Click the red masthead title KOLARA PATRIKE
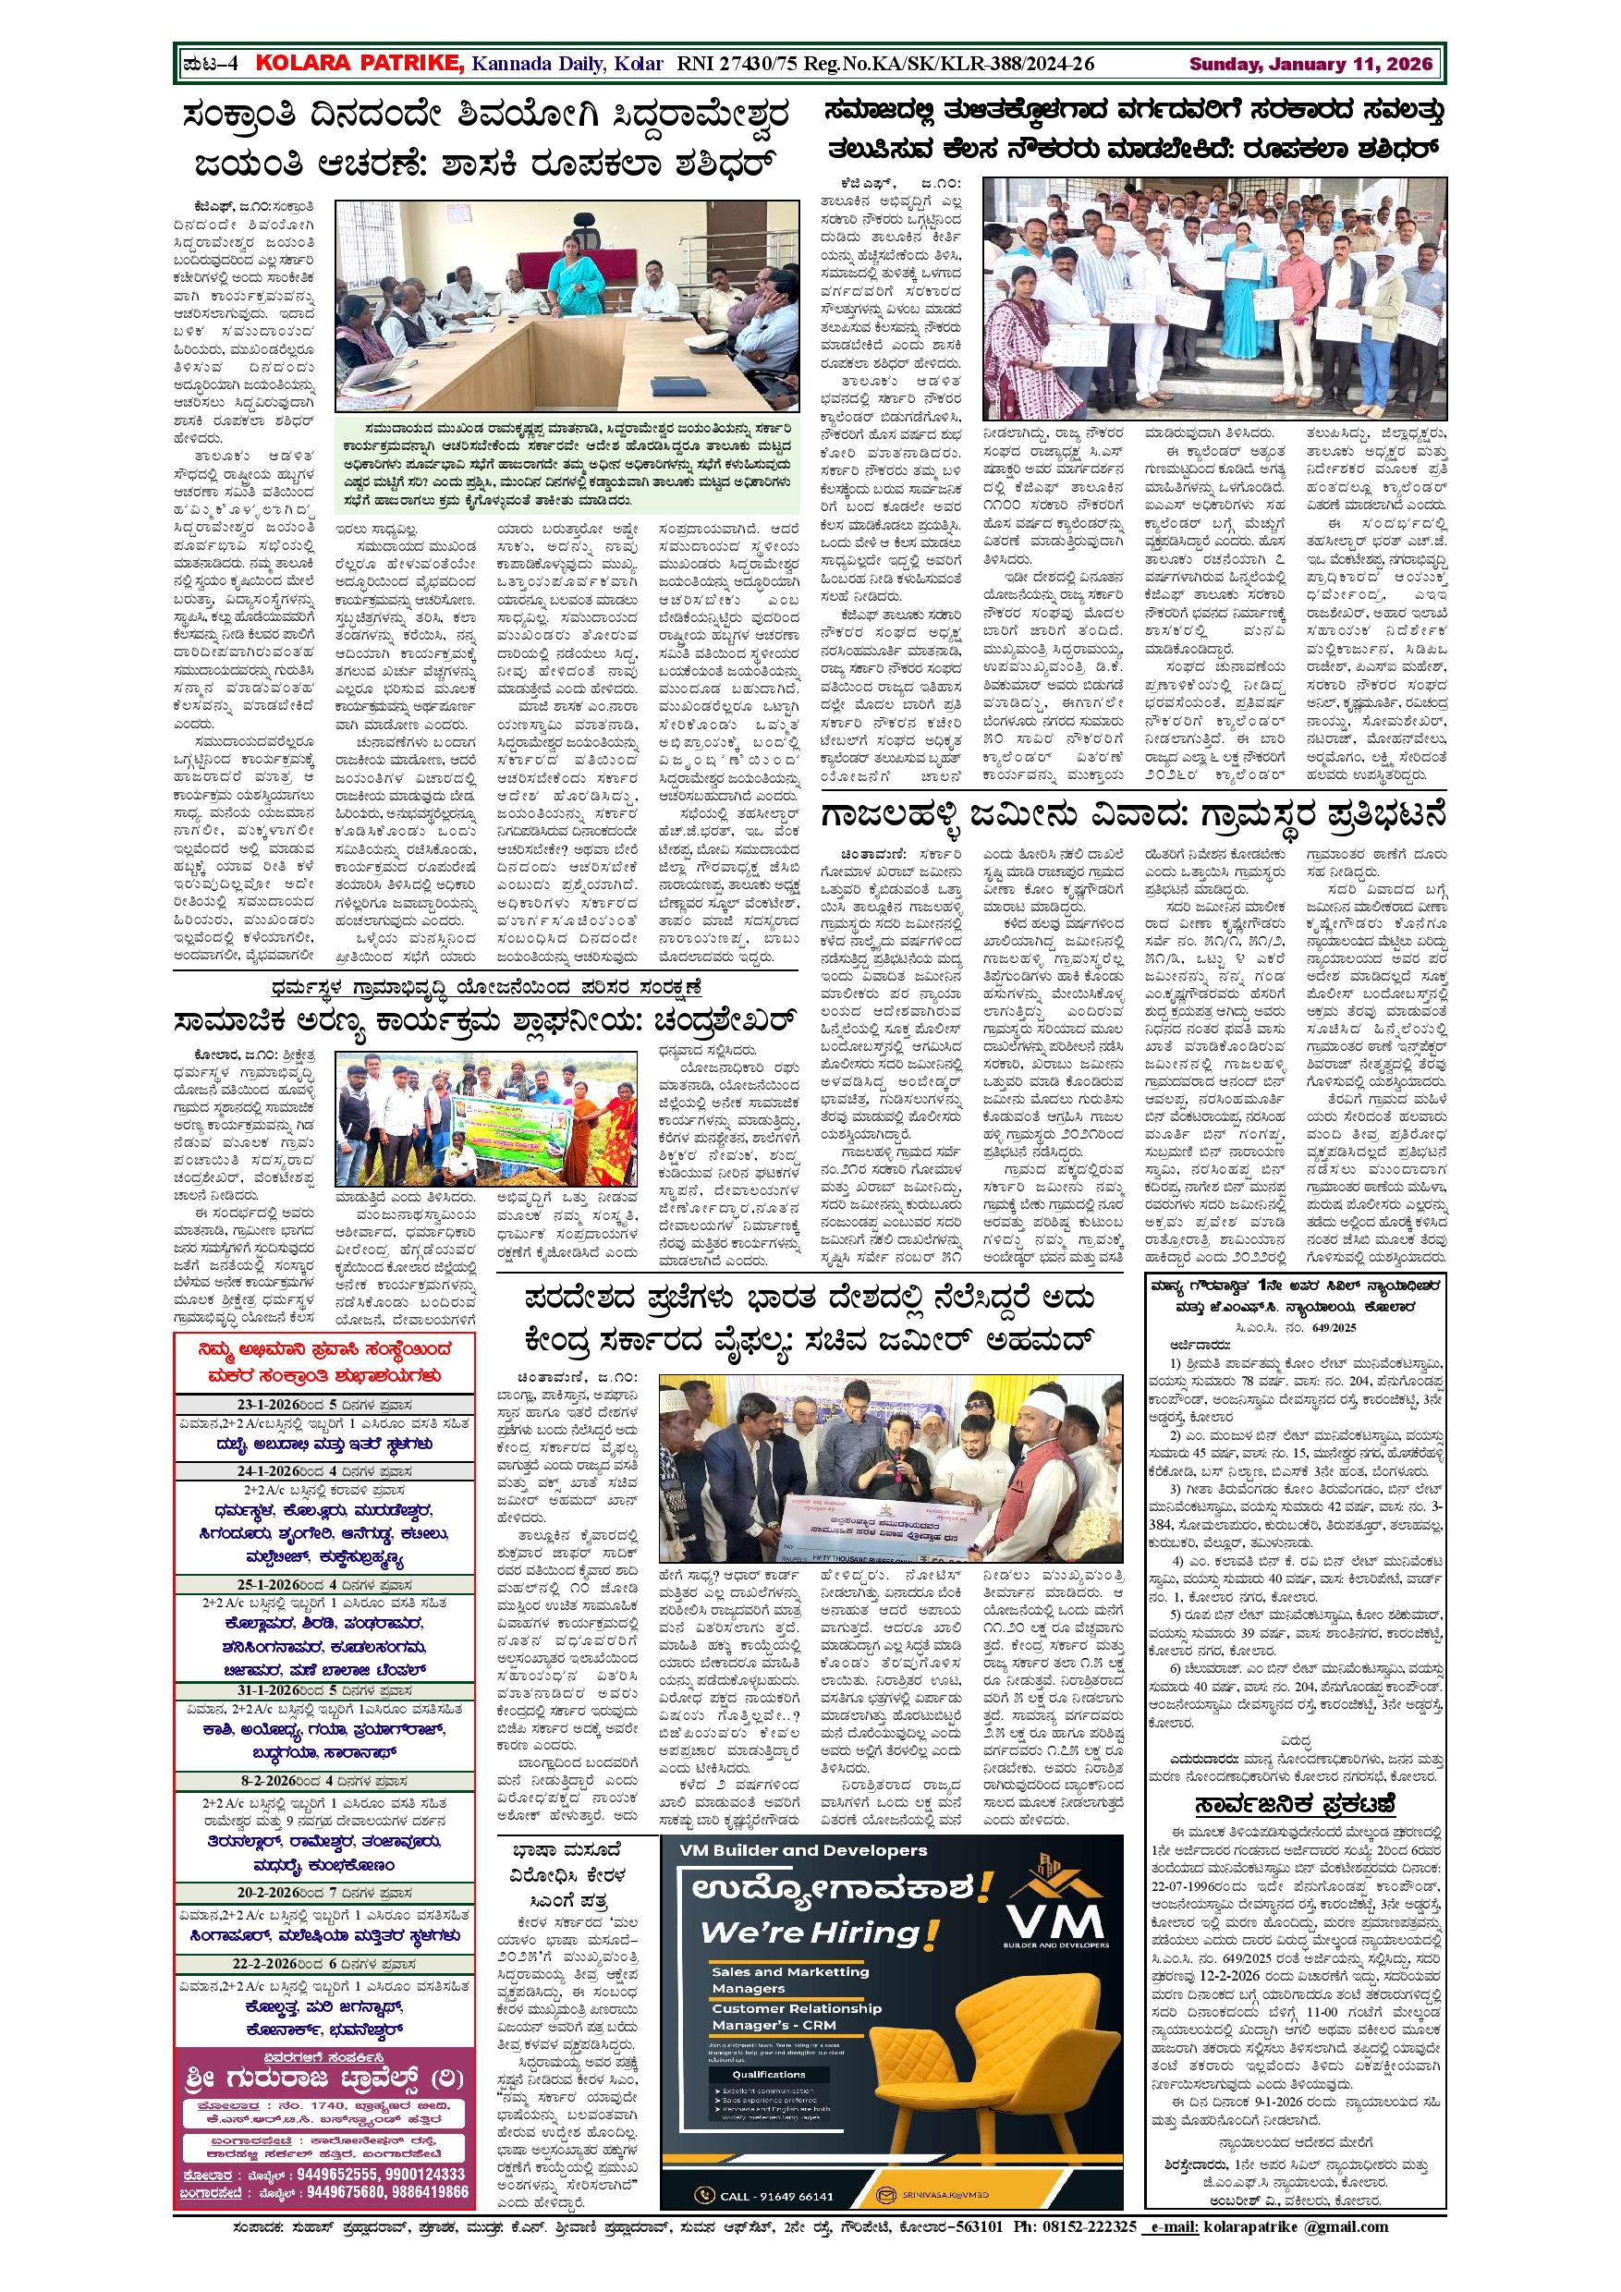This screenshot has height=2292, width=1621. [x=360, y=64]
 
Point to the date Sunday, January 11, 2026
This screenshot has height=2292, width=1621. [x=1310, y=64]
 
